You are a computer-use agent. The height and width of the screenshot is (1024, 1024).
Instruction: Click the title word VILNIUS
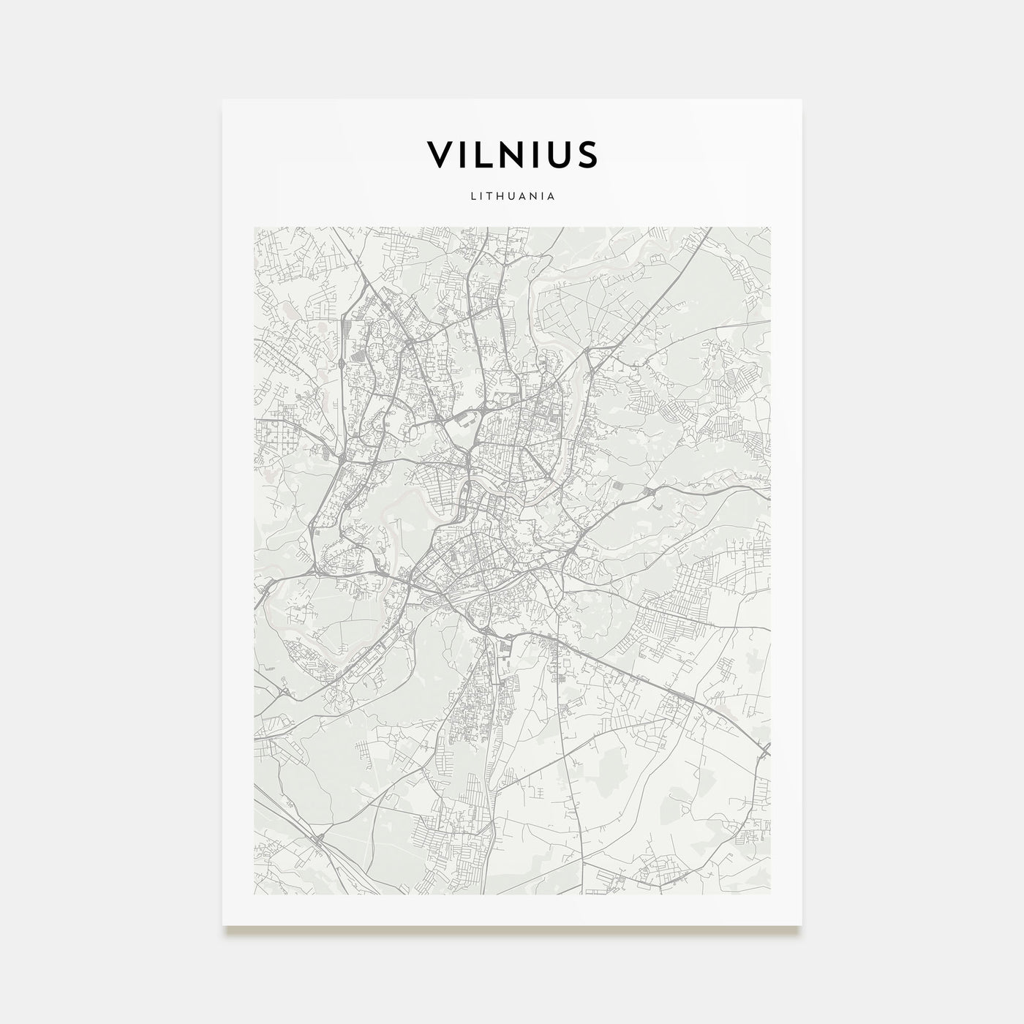[x=512, y=154]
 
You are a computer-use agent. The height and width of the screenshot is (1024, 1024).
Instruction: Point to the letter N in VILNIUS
[x=514, y=154]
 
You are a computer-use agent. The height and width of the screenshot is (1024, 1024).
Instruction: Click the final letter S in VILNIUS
[x=587, y=154]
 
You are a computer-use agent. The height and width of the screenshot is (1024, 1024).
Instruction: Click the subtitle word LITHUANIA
[x=512, y=196]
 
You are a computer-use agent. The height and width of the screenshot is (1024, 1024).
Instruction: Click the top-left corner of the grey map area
[x=254, y=227]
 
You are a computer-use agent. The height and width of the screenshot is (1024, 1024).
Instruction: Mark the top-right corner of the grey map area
[x=770, y=227]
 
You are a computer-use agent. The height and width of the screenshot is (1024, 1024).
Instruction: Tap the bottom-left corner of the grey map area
[x=254, y=894]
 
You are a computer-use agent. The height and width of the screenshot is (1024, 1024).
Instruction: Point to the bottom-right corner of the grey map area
[x=770, y=894]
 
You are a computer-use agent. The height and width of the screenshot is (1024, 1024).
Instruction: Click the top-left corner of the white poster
[x=223, y=99]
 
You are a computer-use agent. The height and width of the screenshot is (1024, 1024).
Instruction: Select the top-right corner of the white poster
[x=802, y=99]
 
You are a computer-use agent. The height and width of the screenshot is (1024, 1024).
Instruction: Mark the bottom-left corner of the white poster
[x=223, y=925]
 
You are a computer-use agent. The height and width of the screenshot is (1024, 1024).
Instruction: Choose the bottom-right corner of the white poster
[x=802, y=925]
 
